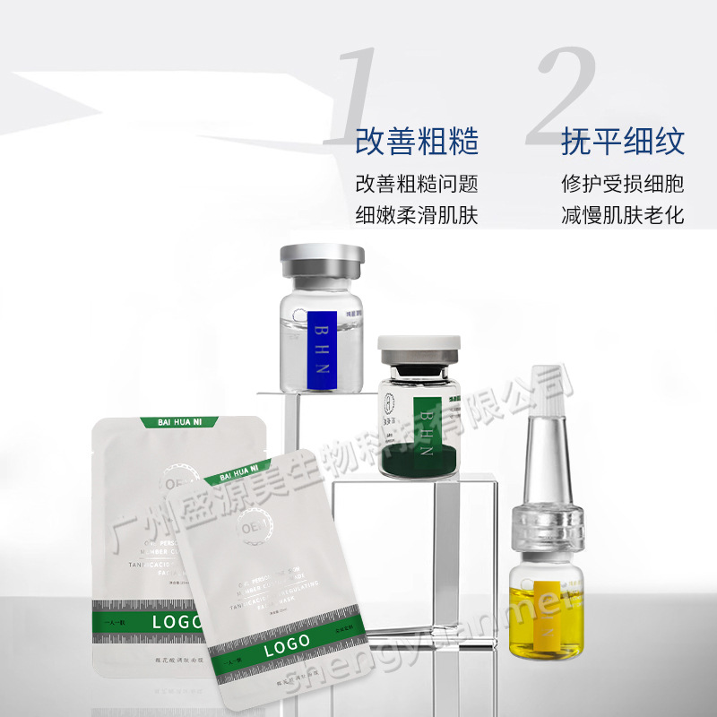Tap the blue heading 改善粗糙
coord(417,142)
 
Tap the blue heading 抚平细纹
coord(623,142)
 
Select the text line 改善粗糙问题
coord(417,184)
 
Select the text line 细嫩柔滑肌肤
coord(417,216)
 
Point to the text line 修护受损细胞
coord(623,184)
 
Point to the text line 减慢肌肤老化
coord(623,216)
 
